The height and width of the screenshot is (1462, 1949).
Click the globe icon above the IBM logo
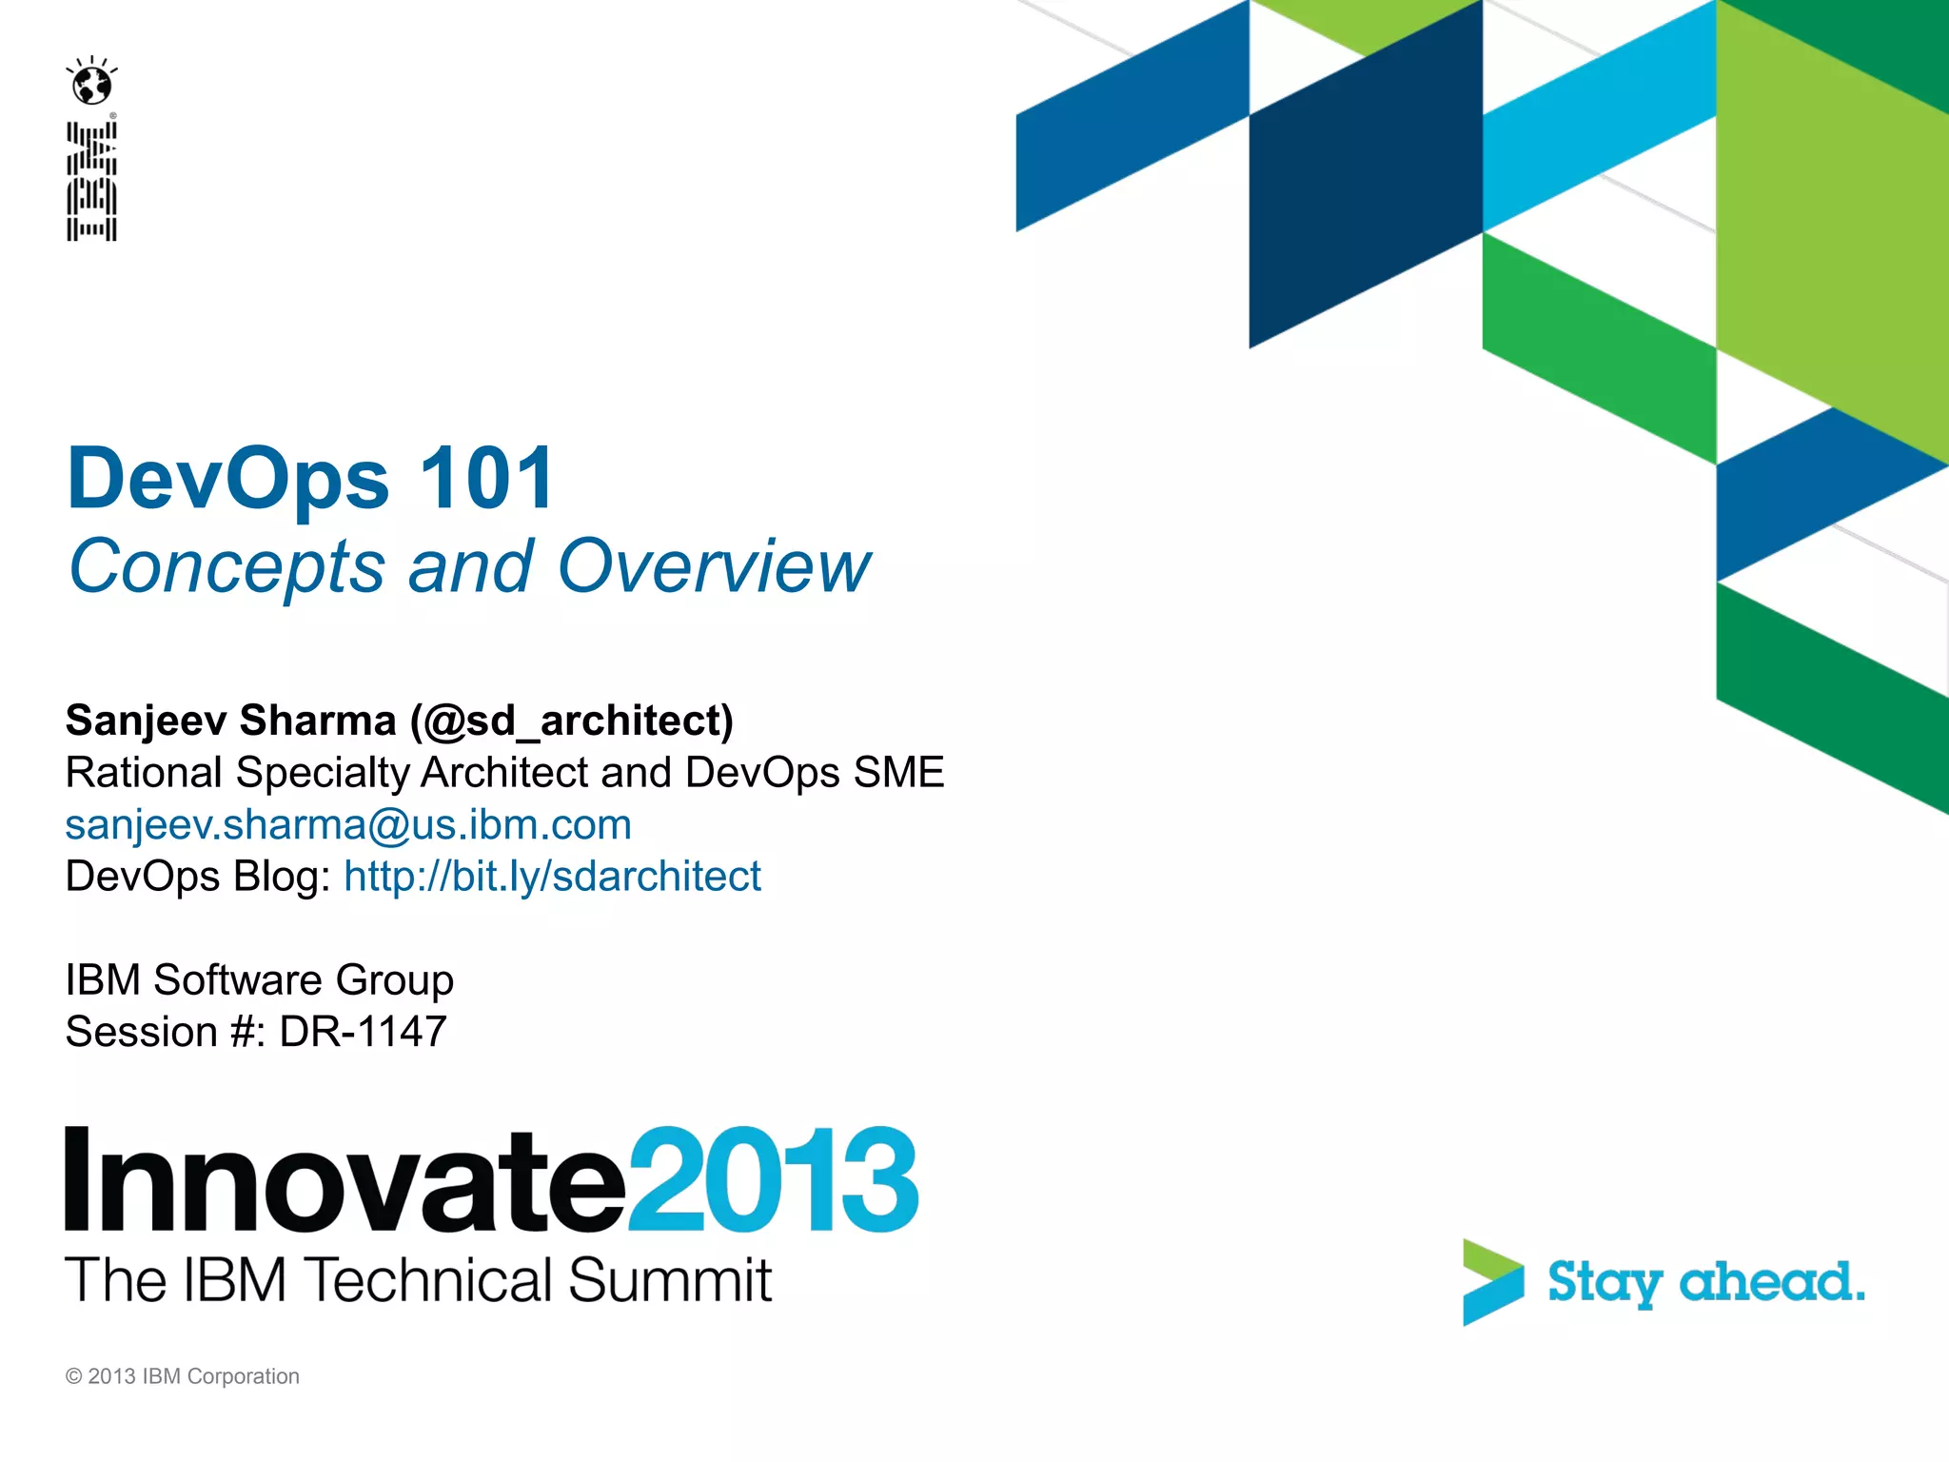click(x=92, y=84)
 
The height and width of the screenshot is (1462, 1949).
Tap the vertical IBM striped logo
click(x=91, y=181)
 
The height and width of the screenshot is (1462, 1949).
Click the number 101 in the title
click(x=486, y=478)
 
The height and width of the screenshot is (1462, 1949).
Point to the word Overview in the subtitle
click(x=714, y=566)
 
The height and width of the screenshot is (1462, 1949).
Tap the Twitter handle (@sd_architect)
click(x=572, y=721)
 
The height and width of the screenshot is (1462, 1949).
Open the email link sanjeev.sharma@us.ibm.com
click(x=348, y=824)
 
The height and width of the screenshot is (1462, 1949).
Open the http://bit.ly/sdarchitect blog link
click(x=552, y=876)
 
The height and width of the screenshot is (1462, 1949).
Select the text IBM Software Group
click(x=259, y=979)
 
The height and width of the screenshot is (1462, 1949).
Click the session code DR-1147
click(x=363, y=1032)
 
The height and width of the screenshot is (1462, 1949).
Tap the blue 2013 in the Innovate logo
click(x=773, y=1180)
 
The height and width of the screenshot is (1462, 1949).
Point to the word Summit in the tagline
click(x=669, y=1280)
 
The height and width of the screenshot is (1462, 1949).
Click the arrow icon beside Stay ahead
click(x=1491, y=1281)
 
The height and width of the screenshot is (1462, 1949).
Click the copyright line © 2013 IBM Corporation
click(x=182, y=1376)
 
